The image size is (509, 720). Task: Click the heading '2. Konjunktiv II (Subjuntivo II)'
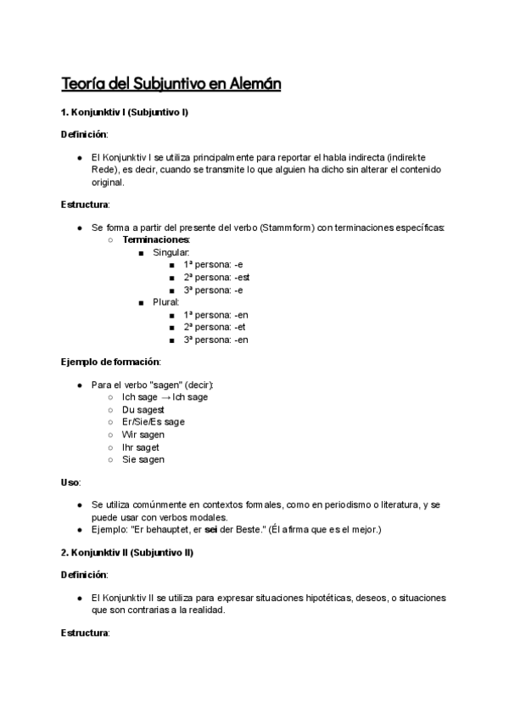coord(127,553)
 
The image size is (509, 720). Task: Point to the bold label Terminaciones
coord(156,240)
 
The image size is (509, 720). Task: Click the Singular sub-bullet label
coord(171,253)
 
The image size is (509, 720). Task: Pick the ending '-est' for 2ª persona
coord(242,278)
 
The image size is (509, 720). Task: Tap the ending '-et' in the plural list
coord(240,327)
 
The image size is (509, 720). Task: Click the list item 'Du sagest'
coord(143,409)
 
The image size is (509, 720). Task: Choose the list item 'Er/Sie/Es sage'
coord(153,422)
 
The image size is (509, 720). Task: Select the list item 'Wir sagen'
coord(143,435)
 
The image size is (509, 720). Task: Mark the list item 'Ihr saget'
coord(141,447)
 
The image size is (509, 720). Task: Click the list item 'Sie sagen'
coord(143,460)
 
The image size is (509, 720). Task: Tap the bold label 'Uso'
coord(70,482)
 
